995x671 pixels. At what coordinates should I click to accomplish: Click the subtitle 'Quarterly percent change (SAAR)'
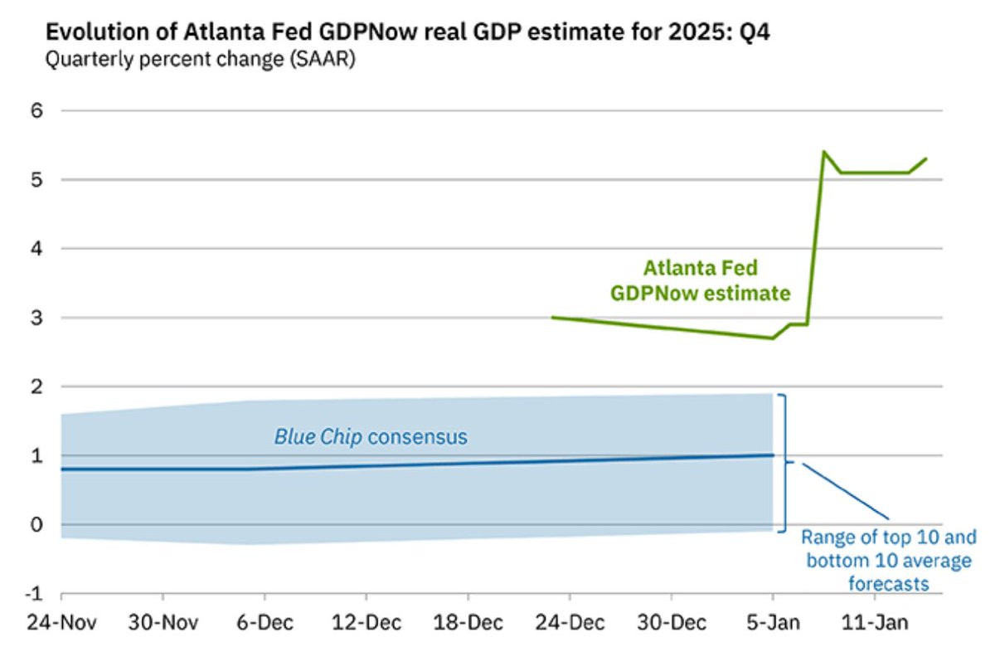click(x=200, y=60)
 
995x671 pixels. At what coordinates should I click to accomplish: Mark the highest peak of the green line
click(x=823, y=152)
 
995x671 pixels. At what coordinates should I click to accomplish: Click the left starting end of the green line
click(x=553, y=317)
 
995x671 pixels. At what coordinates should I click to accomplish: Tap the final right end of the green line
click(x=926, y=158)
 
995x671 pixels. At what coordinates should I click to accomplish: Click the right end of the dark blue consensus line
click(x=773, y=455)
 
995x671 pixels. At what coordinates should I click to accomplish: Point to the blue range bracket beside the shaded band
click(x=783, y=462)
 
